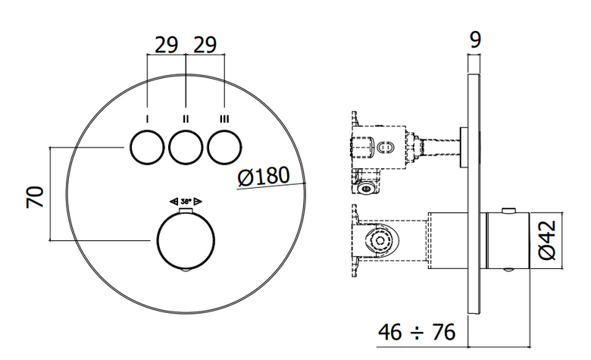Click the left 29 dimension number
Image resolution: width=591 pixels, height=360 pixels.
point(166,45)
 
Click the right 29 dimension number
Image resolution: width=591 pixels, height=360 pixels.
point(205,45)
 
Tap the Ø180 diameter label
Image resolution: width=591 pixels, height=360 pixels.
point(264,176)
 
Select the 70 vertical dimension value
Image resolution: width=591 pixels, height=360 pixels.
point(35,197)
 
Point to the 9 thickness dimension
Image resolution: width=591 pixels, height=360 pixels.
point(476,39)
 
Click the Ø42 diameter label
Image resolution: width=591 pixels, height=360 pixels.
point(547,240)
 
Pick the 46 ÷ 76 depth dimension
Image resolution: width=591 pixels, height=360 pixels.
point(417,332)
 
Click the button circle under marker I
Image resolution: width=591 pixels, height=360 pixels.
point(147,147)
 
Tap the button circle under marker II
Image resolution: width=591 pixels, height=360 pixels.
point(186,147)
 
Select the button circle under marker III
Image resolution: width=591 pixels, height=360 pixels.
point(224,147)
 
